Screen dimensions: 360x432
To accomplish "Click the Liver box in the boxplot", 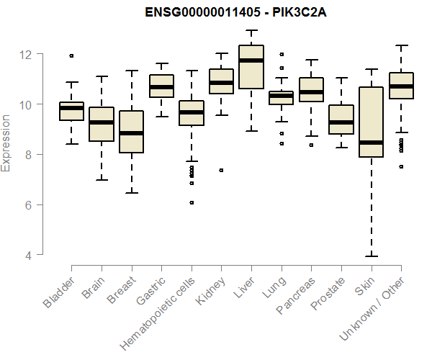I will click(x=251, y=67).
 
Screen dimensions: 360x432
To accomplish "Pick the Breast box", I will click(x=131, y=132).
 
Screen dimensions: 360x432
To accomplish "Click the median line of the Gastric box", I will click(x=161, y=87).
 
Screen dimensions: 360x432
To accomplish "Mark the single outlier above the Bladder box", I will click(x=71, y=55).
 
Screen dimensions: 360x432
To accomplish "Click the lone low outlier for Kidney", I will click(x=221, y=171).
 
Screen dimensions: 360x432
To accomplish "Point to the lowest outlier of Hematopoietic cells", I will click(x=192, y=203).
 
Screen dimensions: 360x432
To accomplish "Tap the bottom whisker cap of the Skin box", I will click(x=371, y=256).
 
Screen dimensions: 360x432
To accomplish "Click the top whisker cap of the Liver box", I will click(x=251, y=31).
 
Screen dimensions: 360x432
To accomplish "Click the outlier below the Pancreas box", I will click(x=311, y=145).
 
